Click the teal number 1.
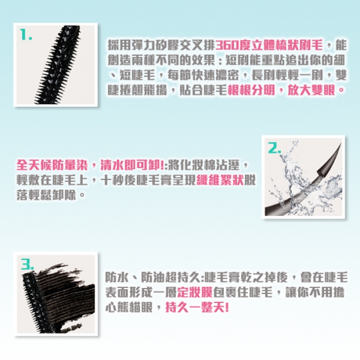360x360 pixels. coord(25,34)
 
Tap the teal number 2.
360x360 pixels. coord(275,148)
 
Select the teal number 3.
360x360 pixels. coord(28,264)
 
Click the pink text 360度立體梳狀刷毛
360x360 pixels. coord(269,45)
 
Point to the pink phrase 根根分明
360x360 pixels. coord(251,89)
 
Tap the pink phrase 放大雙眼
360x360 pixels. coord(311,89)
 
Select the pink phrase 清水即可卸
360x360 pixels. coord(131,165)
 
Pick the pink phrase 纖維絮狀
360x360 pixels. coord(220,180)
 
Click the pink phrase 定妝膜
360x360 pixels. coord(195,292)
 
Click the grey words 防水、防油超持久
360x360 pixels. coord(152,277)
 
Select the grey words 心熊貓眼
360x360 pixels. coord(129,307)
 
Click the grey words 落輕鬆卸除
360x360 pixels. coord(46,195)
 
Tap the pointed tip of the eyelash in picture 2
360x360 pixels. coord(340,144)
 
